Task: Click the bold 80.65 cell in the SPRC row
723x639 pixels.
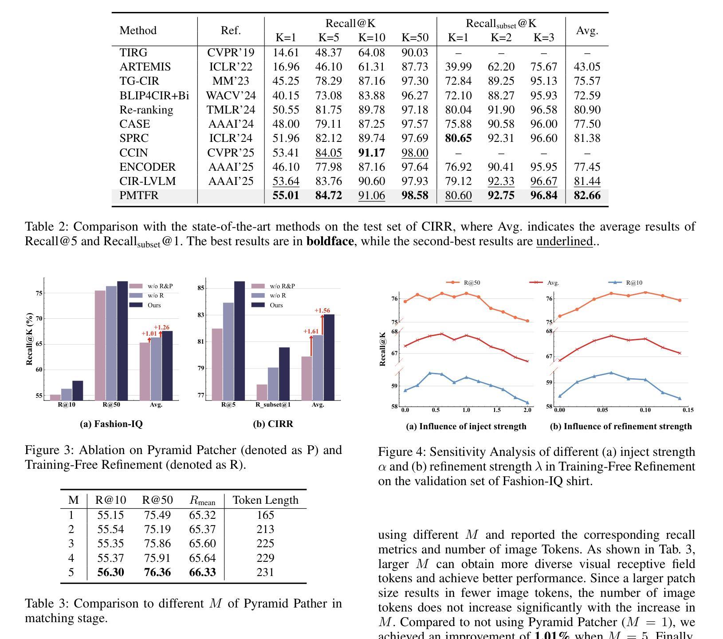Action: click(458, 138)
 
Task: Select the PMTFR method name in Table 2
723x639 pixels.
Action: click(139, 196)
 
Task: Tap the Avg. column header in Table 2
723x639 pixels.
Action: click(587, 31)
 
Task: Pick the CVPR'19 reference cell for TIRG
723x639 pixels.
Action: click(231, 53)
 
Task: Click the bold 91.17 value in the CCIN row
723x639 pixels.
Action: click(372, 153)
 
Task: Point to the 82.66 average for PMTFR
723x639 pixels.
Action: click(587, 196)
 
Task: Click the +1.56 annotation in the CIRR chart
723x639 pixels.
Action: click(322, 310)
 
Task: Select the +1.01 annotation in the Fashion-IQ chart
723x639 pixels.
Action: click(149, 333)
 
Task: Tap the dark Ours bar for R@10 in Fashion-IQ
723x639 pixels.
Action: click(78, 391)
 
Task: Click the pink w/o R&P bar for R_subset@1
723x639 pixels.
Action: click(262, 392)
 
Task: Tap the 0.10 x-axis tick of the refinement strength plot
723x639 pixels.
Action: click(645, 410)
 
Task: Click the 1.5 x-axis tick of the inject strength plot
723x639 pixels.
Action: click(496, 410)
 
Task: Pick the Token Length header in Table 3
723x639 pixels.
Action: click(266, 500)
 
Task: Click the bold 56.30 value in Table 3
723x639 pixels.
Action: click(110, 572)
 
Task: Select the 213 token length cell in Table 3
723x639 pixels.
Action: click(265, 529)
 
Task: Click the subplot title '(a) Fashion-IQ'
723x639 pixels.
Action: click(111, 424)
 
